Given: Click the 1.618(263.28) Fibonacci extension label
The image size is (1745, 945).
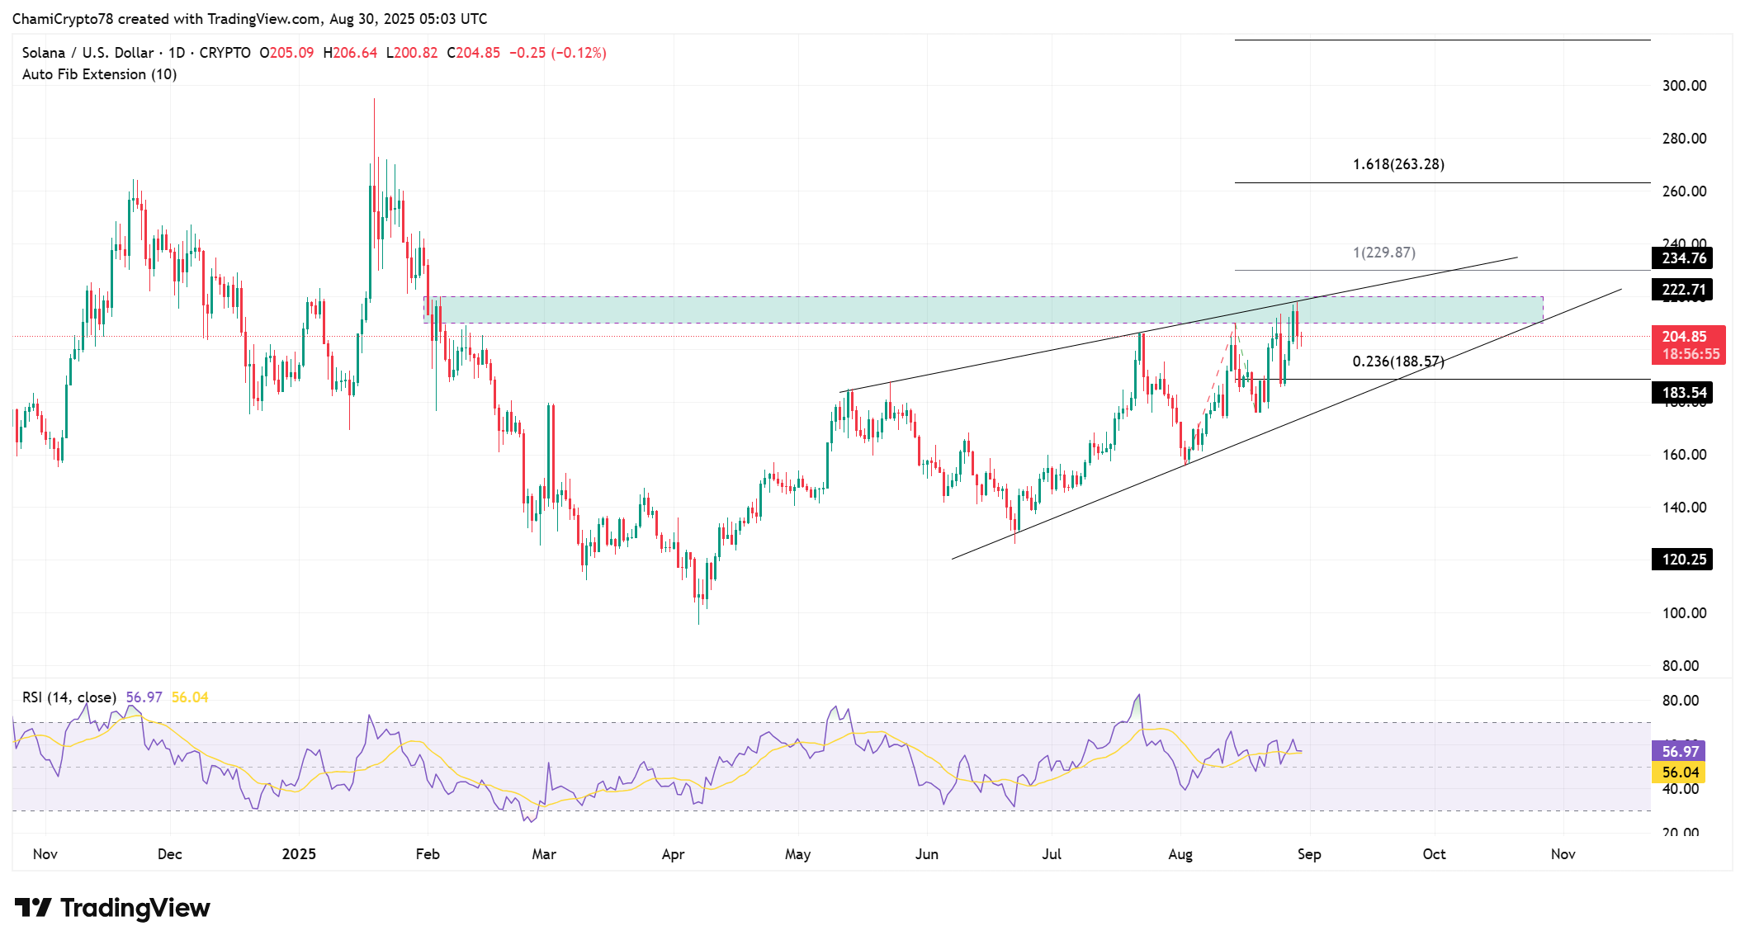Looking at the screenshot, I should click(1398, 164).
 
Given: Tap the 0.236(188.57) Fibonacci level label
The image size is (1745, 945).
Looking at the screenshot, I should click(1398, 361).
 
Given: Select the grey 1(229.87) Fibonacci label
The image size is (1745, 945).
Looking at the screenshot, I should click(1384, 253).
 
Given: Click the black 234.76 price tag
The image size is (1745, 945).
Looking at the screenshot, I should click(1683, 258).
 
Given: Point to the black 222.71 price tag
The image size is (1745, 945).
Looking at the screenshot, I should click(1683, 290).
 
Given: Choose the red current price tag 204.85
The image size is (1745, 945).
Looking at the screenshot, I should click(1687, 337).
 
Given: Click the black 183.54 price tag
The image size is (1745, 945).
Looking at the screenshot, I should click(1683, 393).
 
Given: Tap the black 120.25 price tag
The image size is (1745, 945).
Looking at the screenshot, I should click(1683, 560).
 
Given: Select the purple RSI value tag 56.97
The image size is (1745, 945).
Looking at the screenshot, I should click(1680, 752).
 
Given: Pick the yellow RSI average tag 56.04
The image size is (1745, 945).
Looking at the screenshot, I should click(1680, 773).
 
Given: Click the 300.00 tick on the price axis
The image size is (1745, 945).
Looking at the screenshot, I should click(1684, 86).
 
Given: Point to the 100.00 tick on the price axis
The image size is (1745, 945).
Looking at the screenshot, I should click(1684, 613).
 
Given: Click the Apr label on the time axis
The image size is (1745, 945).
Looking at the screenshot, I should click(673, 854).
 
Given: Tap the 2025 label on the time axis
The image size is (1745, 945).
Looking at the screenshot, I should click(299, 854).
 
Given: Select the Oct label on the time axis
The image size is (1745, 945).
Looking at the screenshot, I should click(1434, 854).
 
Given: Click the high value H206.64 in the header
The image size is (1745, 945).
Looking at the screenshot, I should click(350, 53).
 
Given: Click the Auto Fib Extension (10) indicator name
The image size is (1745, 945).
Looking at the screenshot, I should click(99, 74).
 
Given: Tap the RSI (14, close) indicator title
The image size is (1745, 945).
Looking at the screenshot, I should click(69, 697).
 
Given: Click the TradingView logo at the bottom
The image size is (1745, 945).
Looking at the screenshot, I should click(112, 908).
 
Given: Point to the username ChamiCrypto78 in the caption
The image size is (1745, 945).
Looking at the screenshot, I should click(63, 19).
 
